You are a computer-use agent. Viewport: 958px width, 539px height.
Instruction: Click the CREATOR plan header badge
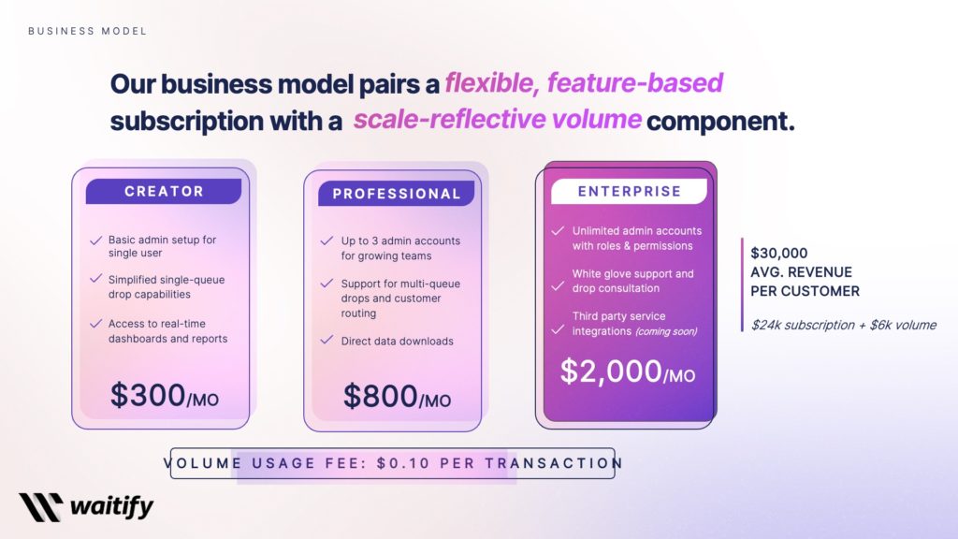164,191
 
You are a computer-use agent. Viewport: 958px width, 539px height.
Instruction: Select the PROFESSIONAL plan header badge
397,194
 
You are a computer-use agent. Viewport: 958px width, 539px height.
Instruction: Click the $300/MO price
164,396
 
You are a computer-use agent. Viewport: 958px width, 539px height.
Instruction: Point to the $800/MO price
397,397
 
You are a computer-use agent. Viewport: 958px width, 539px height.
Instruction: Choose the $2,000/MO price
628,372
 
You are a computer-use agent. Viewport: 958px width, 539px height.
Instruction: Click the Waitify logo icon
40,507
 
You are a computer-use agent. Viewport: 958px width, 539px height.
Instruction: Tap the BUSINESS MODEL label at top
87,31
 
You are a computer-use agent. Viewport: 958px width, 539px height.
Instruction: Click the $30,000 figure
779,254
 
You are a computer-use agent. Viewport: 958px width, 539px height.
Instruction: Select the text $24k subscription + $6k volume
843,326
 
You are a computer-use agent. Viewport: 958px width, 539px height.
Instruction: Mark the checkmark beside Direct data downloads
327,341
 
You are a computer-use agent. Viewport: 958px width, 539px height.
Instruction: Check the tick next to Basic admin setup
95,240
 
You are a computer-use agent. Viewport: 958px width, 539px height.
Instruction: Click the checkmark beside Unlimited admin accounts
557,230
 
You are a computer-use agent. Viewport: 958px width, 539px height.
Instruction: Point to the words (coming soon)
666,331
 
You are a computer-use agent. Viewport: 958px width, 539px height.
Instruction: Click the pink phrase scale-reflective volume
497,120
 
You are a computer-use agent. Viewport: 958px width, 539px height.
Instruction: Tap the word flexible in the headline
490,82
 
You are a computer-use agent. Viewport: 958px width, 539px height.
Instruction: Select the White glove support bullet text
632,281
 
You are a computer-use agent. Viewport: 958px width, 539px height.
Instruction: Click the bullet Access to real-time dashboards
167,331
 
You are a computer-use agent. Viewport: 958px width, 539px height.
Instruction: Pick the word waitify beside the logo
111,508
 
